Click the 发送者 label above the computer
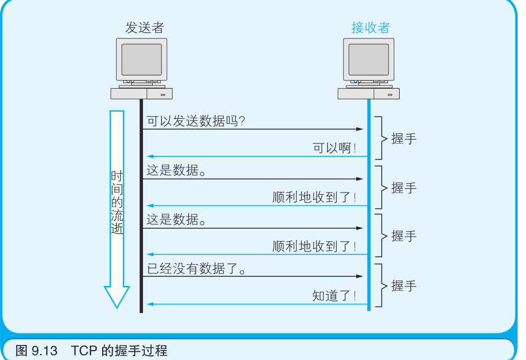(145, 28)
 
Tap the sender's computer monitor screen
(141, 59)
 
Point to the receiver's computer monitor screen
(369, 59)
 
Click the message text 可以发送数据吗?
(196, 121)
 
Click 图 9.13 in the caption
(37, 351)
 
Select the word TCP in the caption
(84, 351)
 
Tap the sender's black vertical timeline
(141, 223)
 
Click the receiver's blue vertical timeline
(369, 223)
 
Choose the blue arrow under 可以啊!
(257, 157)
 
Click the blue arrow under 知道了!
(257, 304)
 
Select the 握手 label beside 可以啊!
(404, 139)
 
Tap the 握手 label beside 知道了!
(404, 286)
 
